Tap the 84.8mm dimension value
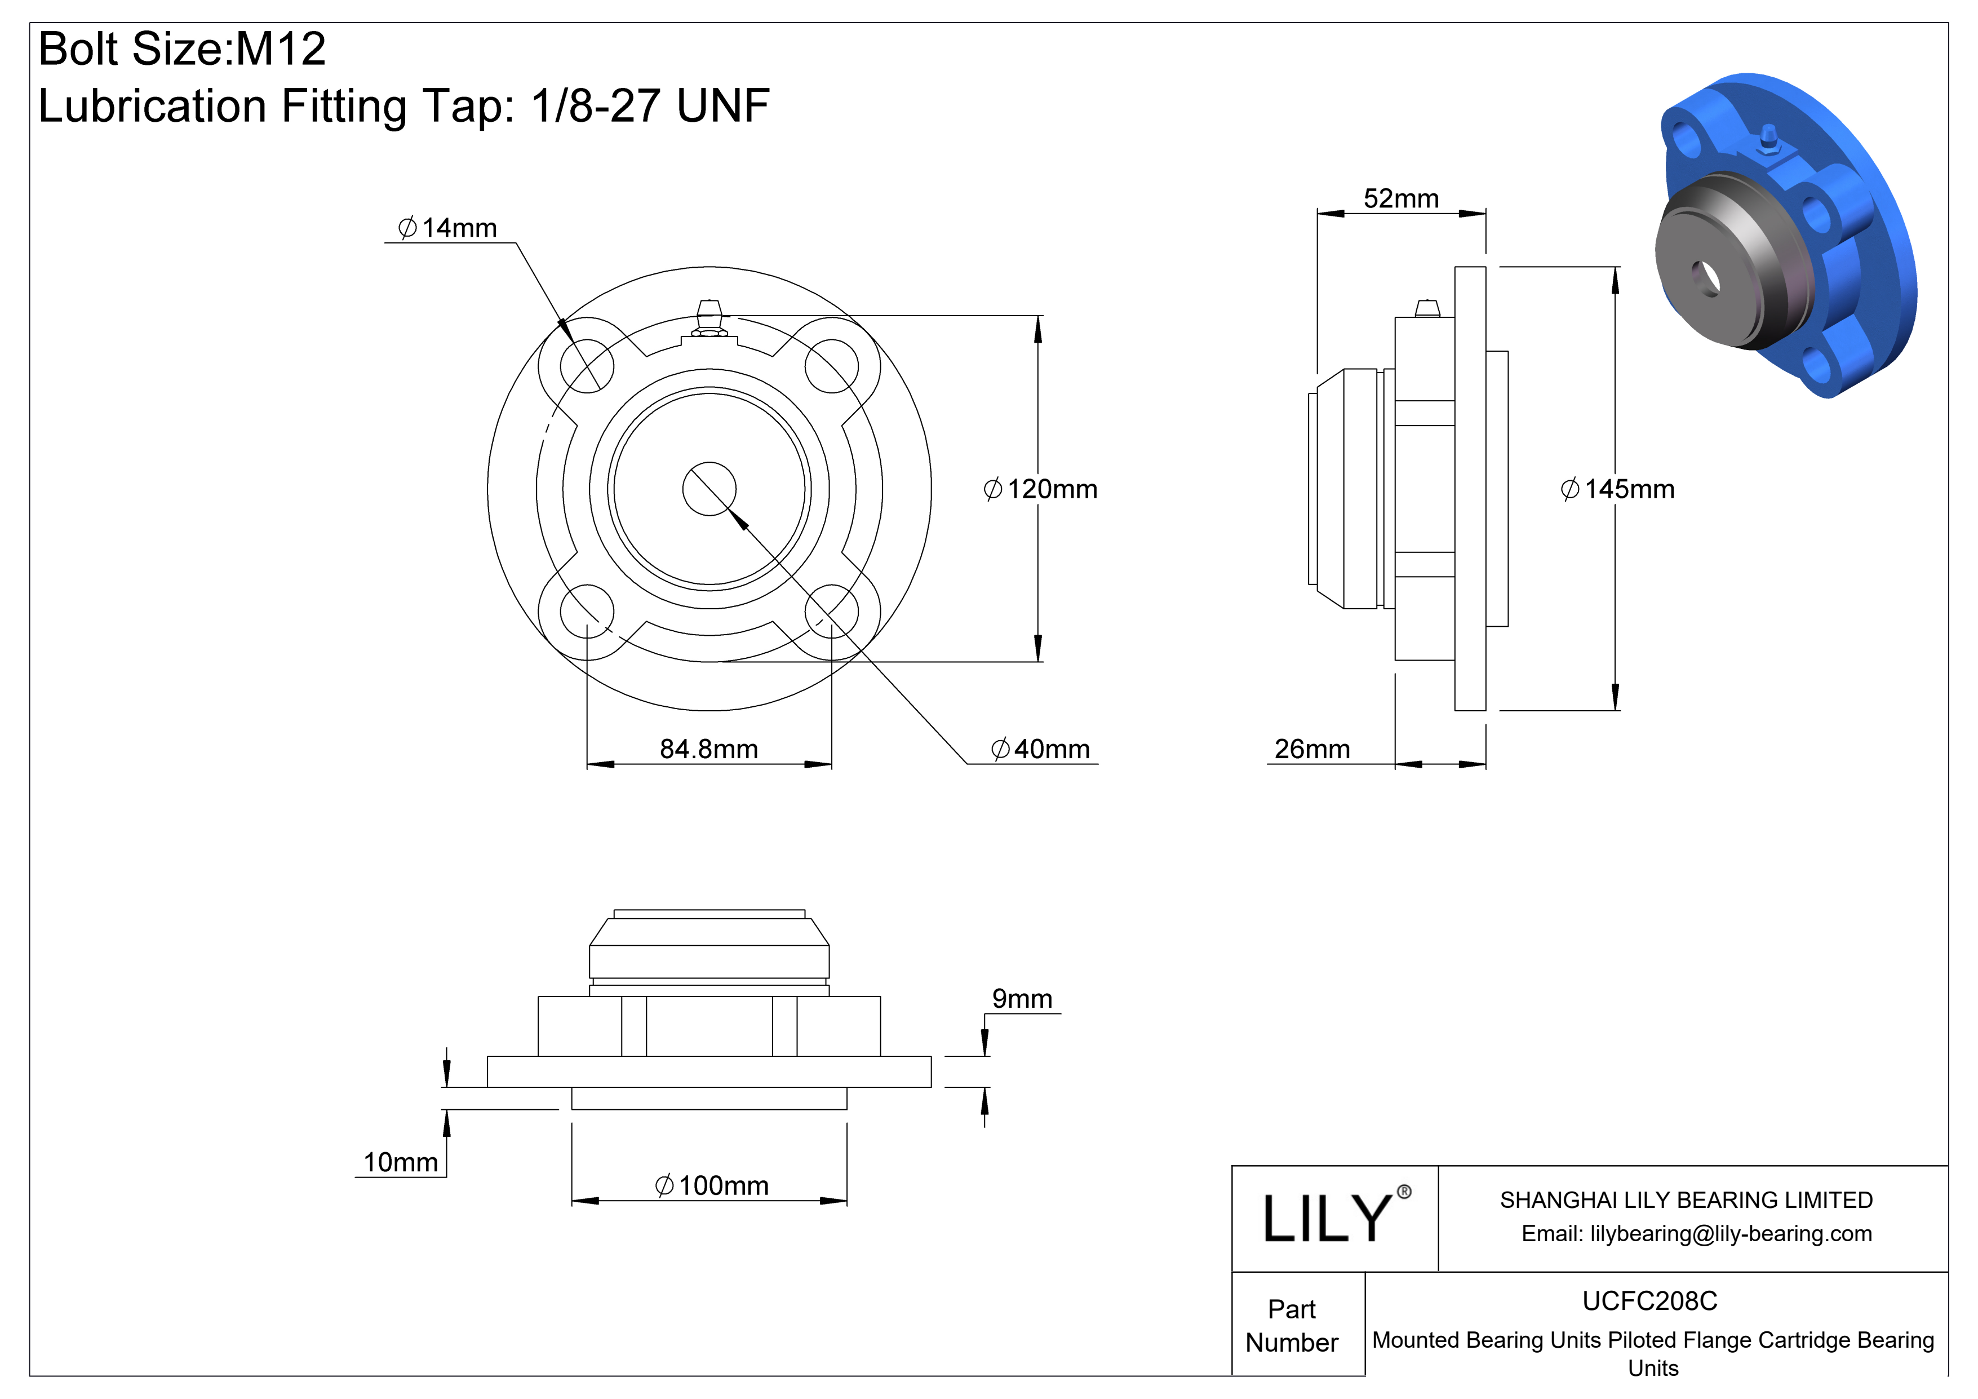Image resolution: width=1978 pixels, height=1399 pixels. tap(708, 750)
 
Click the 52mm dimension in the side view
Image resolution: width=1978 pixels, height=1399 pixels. tap(1401, 199)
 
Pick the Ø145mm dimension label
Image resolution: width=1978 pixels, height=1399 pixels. tap(1617, 489)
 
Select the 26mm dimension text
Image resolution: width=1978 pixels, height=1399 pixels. tap(1311, 750)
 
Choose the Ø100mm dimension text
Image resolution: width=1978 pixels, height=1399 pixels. tap(712, 1187)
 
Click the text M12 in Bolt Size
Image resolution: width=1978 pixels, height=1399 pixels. tap(281, 48)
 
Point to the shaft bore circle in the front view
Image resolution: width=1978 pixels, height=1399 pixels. tap(709, 489)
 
